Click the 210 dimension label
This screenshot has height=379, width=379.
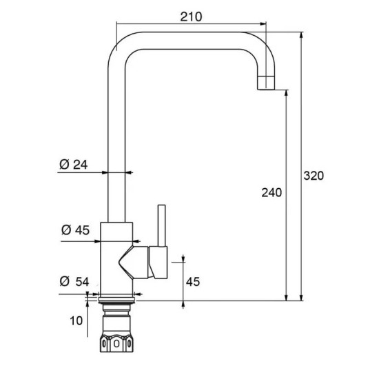point(191,17)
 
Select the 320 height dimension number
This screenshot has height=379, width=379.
point(314,176)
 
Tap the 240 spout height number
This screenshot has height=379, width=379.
point(272,193)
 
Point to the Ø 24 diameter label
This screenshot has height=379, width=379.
point(74,165)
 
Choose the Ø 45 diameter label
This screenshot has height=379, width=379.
point(75,230)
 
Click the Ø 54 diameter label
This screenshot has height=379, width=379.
point(74,282)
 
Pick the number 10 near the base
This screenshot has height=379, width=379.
point(76,320)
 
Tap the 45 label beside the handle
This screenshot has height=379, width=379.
point(193,282)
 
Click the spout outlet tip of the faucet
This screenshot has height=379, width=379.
point(266,83)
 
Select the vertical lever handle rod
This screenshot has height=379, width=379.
point(162,226)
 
